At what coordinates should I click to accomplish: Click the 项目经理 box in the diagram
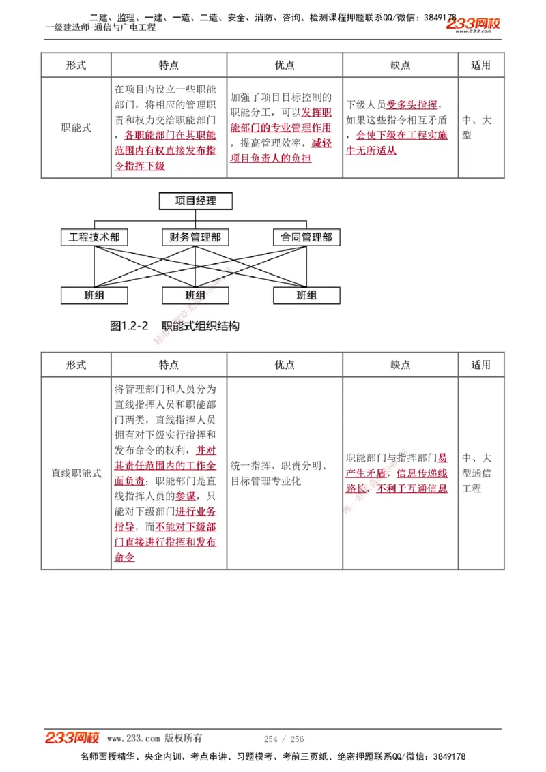(x=195, y=201)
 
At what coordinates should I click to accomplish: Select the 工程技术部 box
(x=94, y=237)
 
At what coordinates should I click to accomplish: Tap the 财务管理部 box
(x=195, y=237)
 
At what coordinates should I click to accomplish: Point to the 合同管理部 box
(x=306, y=237)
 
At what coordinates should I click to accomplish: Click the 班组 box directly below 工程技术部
(x=94, y=295)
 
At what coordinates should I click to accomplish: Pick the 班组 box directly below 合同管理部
(x=306, y=295)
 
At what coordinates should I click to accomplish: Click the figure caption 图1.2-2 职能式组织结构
(x=175, y=326)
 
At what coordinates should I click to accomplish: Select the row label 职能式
(x=76, y=128)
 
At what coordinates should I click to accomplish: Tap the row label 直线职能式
(x=76, y=473)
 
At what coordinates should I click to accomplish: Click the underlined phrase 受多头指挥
(x=412, y=105)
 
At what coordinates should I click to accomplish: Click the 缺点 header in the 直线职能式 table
(x=400, y=365)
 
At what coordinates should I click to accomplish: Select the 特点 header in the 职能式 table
(x=169, y=65)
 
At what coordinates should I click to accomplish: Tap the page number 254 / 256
(x=284, y=739)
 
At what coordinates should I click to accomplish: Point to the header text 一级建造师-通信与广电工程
(x=101, y=27)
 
